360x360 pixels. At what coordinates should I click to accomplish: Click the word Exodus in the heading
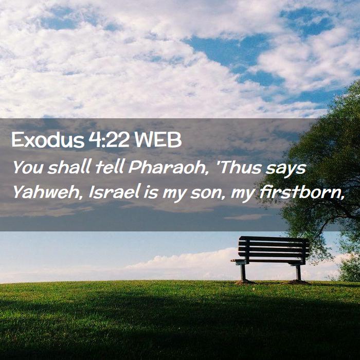pyautogui.click(x=48, y=140)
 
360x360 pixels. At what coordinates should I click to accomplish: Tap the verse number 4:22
pyautogui.click(x=109, y=140)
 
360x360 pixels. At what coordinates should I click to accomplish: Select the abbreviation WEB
pyautogui.click(x=158, y=140)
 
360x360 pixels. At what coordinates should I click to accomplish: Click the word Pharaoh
pyautogui.click(x=168, y=167)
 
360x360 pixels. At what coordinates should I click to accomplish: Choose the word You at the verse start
pyautogui.click(x=28, y=167)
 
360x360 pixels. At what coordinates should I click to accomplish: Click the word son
pyautogui.click(x=207, y=193)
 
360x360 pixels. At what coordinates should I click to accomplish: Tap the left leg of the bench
pyautogui.click(x=243, y=273)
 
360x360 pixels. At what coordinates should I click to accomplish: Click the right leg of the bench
pyautogui.click(x=298, y=273)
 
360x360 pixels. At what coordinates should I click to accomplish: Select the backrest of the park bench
pyautogui.click(x=274, y=247)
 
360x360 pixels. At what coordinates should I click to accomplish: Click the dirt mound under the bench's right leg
pyautogui.click(x=298, y=282)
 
